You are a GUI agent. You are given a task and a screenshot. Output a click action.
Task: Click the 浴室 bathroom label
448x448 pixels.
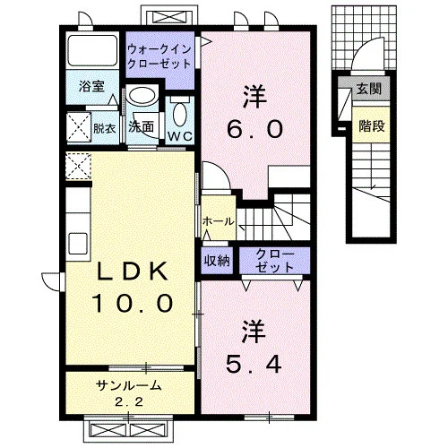click(91, 86)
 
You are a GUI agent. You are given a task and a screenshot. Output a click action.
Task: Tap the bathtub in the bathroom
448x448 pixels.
click(92, 51)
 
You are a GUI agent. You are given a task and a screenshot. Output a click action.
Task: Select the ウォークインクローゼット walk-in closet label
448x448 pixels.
click(159, 56)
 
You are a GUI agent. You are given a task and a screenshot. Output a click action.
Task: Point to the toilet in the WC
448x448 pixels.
click(180, 114)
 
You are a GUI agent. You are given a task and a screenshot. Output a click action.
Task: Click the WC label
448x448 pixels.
click(180, 136)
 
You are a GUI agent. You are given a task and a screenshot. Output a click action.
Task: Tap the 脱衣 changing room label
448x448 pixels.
click(104, 128)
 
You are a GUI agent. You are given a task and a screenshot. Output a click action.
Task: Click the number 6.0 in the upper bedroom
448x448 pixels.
click(254, 129)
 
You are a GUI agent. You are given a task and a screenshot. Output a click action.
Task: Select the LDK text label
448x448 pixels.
click(132, 271)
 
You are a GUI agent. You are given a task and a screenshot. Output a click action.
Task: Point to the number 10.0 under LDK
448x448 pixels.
click(133, 303)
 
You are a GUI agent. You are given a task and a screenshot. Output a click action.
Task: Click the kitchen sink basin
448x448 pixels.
click(78, 243)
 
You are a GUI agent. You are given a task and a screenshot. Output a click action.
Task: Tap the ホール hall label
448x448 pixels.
click(218, 221)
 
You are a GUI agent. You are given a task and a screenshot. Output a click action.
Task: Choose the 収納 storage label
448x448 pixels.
click(217, 261)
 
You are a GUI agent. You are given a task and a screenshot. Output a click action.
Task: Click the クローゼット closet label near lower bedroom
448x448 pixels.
click(274, 261)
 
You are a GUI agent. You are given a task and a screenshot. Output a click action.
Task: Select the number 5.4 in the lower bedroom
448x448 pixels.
click(254, 364)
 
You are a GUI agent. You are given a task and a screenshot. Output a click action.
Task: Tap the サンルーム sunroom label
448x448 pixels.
click(129, 386)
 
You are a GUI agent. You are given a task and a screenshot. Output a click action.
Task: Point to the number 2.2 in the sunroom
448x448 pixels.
click(129, 402)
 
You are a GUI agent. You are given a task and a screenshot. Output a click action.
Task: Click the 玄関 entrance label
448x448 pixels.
click(369, 89)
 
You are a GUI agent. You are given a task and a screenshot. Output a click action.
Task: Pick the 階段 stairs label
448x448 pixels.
click(372, 125)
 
